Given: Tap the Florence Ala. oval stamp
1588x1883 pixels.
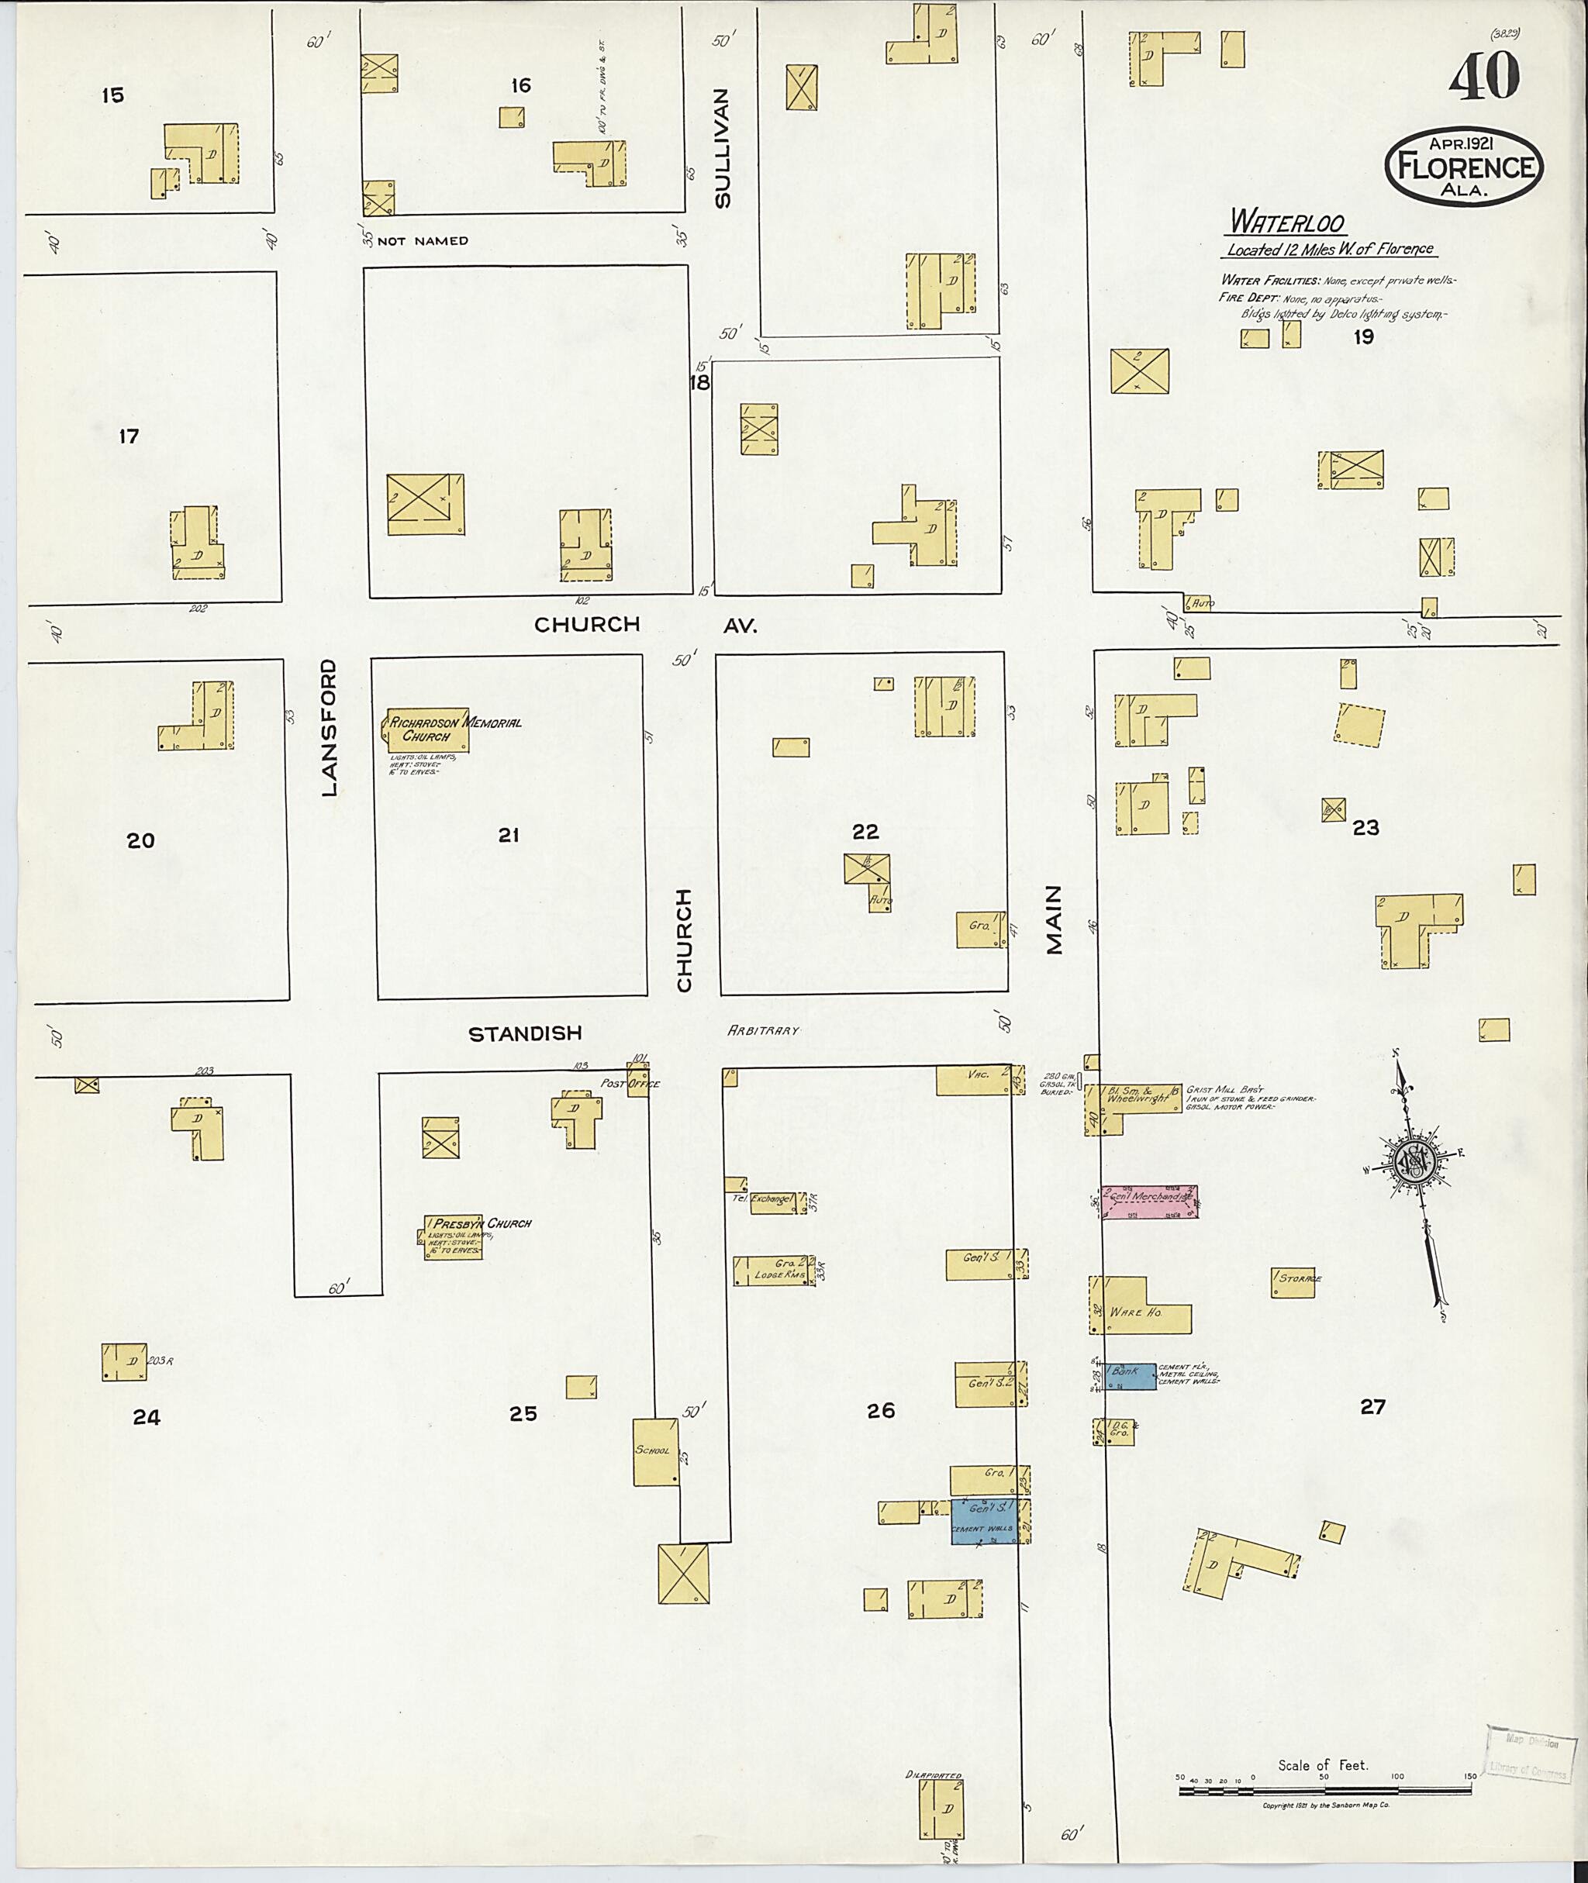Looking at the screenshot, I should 1465,167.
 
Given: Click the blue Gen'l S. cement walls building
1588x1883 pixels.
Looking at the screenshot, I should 986,1521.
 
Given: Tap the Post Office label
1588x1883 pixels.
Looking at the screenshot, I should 631,1084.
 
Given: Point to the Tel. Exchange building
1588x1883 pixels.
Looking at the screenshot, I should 772,1202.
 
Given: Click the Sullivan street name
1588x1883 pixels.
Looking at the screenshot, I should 721,149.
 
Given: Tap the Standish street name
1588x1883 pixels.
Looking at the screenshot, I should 525,1033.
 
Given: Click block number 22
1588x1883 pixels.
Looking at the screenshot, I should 865,831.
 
